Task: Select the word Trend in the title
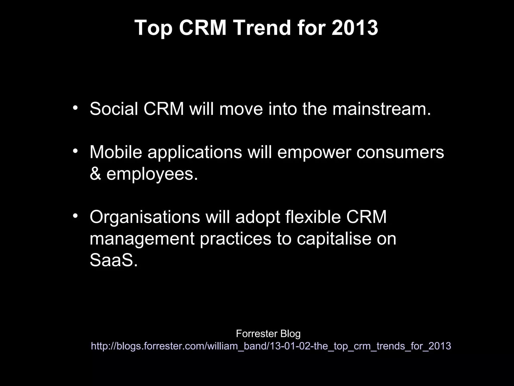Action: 262,28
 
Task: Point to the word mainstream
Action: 381,109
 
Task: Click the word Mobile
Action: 116,152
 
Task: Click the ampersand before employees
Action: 95,174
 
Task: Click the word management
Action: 142,239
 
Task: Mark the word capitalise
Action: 334,239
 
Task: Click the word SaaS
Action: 113,260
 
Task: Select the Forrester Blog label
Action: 268,334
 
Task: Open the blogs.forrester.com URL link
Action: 271,346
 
